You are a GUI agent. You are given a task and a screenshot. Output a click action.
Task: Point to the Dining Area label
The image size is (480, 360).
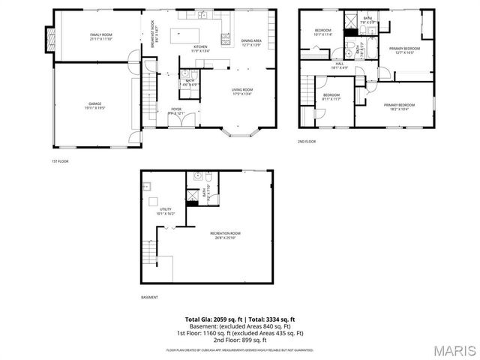[251, 43]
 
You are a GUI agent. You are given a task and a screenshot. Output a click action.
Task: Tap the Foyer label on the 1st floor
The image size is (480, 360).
[176, 111]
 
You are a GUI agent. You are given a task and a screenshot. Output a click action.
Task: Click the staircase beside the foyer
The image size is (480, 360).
[148, 93]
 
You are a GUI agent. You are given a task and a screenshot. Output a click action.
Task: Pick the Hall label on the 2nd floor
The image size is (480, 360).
[340, 65]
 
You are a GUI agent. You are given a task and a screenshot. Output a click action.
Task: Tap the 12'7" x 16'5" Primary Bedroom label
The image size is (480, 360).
[403, 50]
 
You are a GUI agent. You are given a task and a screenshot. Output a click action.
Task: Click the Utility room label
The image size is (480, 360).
[166, 211]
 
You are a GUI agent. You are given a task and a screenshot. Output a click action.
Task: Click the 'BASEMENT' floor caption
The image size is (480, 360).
[150, 297]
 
